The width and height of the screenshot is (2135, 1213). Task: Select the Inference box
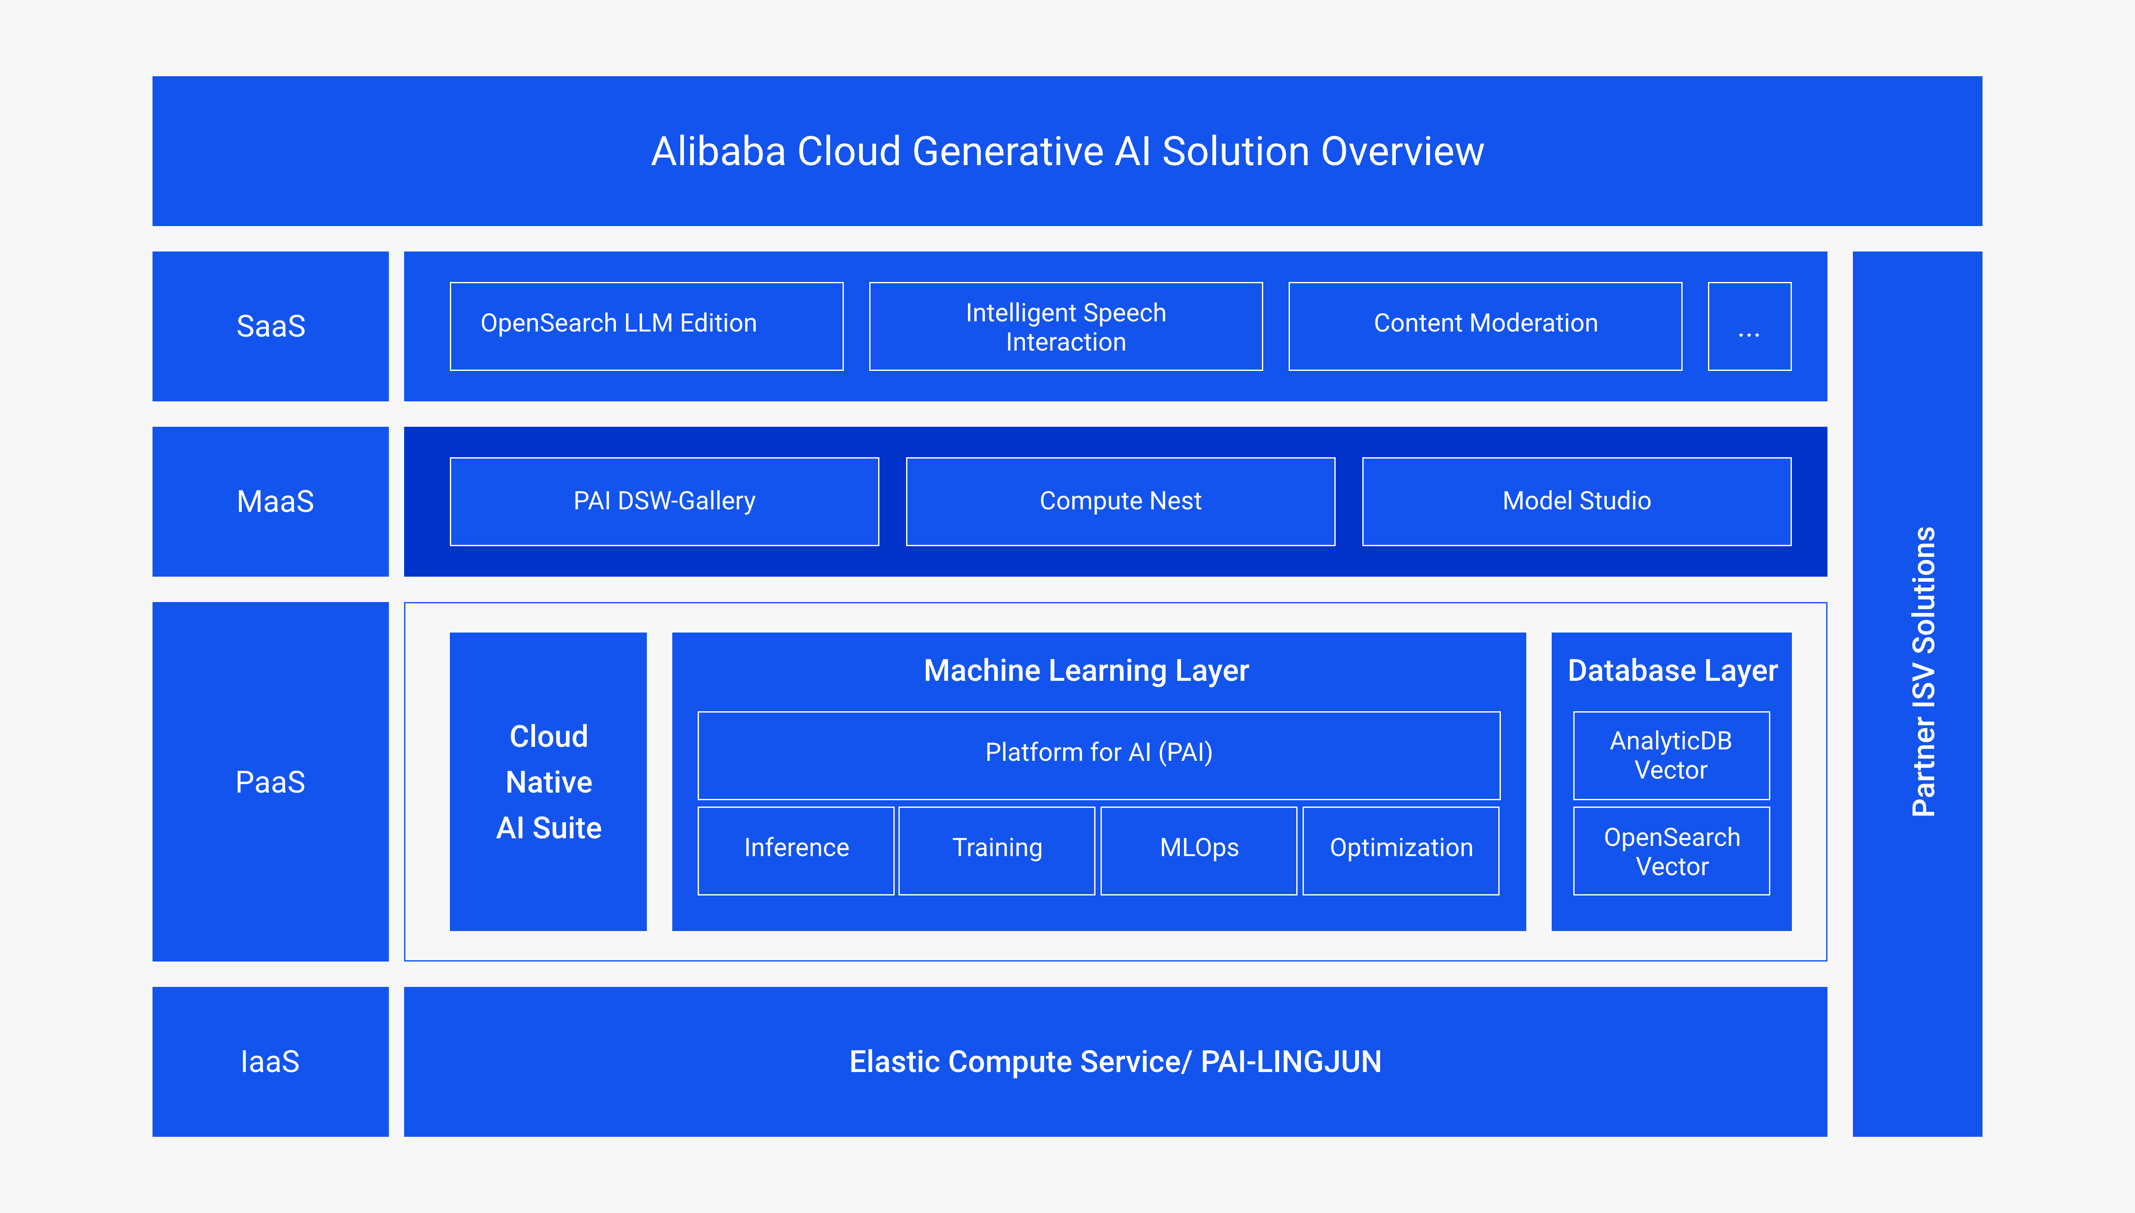pos(796,850)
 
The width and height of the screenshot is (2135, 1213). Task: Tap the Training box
pos(997,850)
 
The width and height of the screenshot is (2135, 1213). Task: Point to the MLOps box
pos(1198,850)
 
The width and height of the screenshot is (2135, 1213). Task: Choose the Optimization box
pos(1400,850)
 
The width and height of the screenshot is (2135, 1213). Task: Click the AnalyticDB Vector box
pos(1671,755)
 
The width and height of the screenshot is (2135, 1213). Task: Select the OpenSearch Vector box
pos(1671,851)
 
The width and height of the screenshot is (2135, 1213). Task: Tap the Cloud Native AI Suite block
pos(548,782)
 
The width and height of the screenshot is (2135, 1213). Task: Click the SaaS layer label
pos(271,326)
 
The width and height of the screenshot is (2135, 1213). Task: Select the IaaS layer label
pos(270,1061)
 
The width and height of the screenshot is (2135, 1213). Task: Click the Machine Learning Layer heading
pos(1086,671)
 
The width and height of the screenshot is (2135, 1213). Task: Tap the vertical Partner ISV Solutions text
pos(1922,671)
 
